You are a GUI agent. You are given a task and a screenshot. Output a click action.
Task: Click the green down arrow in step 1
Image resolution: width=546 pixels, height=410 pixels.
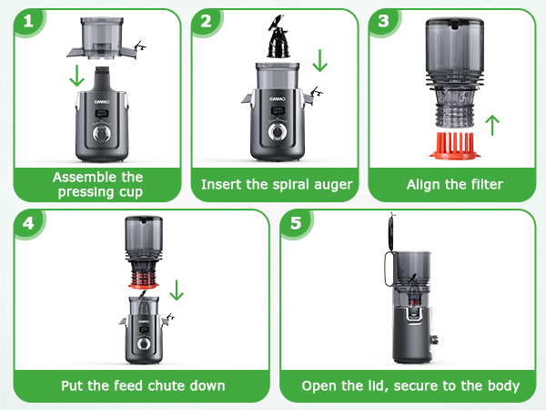coord(80,74)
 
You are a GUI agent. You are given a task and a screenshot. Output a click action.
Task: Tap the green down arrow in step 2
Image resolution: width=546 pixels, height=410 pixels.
coord(318,61)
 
